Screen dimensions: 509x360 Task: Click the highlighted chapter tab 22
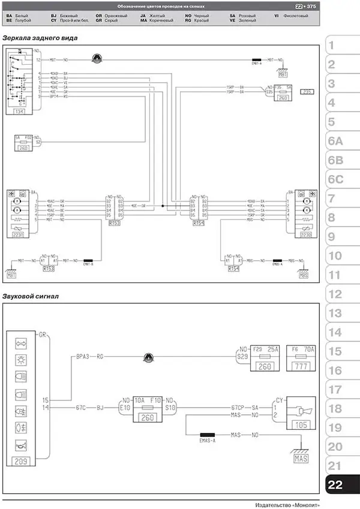336,484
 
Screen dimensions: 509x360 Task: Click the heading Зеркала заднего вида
40,38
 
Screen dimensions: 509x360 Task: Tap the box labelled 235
307,92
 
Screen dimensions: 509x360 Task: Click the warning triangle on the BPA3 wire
146,359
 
